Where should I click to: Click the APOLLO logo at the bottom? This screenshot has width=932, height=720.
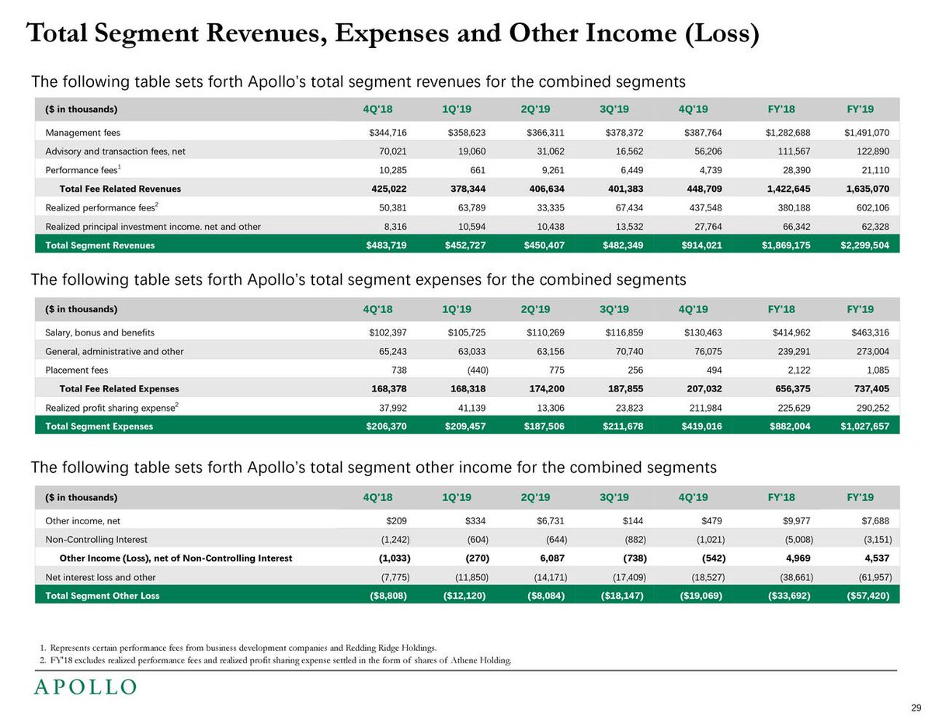click(85, 687)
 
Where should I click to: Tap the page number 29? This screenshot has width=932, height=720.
click(916, 708)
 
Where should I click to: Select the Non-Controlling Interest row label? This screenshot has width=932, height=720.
click(96, 540)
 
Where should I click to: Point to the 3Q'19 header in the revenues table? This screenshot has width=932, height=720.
click(614, 109)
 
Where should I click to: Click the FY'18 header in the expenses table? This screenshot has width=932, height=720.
click(781, 309)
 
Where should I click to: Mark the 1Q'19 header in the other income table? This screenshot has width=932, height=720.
click(457, 498)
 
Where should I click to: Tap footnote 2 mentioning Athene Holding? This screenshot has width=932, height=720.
click(276, 661)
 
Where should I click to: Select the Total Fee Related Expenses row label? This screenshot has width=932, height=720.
click(119, 389)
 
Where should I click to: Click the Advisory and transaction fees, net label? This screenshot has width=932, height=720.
click(115, 151)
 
